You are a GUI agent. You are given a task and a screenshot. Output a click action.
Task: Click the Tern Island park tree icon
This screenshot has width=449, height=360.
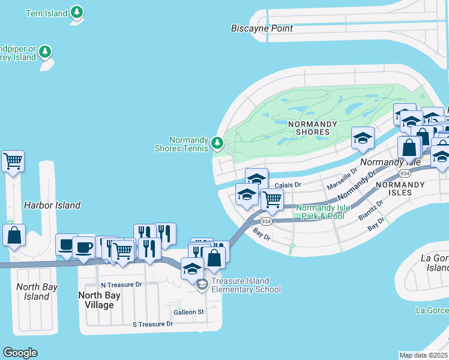point(76,12)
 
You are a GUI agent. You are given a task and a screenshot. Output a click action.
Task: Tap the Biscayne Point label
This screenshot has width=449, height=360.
point(262,28)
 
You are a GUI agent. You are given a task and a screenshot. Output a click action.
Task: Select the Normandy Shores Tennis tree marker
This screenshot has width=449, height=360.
point(217,143)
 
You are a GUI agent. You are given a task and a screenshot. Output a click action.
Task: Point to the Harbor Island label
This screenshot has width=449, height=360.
point(52,205)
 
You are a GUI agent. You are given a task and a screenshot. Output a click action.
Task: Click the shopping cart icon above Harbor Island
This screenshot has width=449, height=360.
point(13,161)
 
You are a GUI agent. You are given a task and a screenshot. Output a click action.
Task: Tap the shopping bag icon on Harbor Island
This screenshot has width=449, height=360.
point(14,235)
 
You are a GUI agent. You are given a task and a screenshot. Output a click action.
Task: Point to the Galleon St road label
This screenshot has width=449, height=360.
point(188,312)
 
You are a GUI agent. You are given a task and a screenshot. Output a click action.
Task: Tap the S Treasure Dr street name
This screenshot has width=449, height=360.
point(152,324)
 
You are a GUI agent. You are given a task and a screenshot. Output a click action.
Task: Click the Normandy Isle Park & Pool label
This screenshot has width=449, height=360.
point(323,212)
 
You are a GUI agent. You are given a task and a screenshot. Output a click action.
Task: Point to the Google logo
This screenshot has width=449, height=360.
point(20,353)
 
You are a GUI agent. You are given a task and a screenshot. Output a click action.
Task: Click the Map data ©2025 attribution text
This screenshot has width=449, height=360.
point(423,355)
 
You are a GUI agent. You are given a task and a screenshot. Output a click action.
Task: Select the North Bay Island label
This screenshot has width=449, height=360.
point(37,292)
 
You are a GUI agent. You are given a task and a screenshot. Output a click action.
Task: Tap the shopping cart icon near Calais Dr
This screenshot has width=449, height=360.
point(272,199)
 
